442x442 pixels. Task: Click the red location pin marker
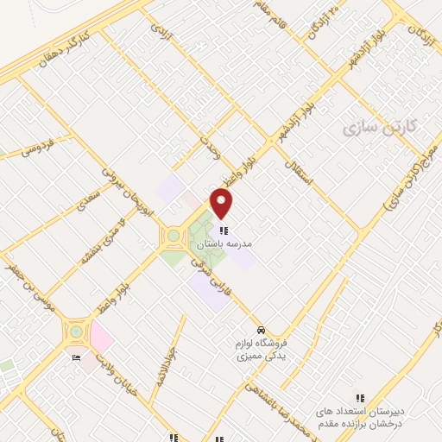tap(222, 203)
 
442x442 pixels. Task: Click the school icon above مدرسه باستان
tap(224, 230)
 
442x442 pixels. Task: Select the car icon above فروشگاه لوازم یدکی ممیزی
tap(260, 330)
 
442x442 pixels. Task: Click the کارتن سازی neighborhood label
tap(380, 128)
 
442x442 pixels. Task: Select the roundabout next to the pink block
tap(76, 331)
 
